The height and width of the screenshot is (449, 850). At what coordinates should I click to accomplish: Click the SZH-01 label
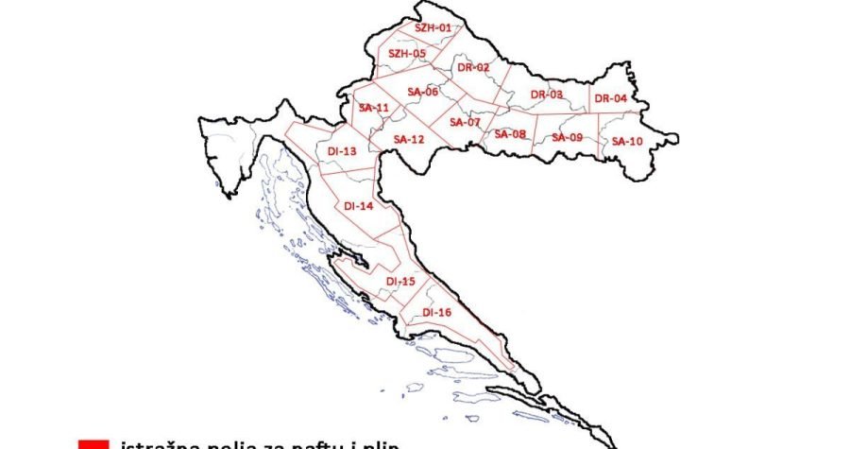433,28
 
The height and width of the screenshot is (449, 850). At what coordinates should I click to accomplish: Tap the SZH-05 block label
407,54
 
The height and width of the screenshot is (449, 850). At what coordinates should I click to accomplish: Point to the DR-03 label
546,95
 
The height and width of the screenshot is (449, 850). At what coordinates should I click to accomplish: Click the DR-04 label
611,98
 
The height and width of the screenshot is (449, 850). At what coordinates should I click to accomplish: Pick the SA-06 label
422,92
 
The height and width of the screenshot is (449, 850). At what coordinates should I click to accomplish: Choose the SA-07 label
465,122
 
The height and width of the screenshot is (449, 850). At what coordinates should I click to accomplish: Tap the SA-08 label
510,134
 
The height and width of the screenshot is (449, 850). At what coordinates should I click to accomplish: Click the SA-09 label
567,137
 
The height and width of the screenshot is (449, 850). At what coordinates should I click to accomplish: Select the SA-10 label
626,141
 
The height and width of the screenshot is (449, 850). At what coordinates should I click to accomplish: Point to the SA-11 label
374,108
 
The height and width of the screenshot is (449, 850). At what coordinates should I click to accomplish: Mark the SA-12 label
408,139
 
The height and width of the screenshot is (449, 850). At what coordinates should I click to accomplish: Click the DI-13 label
342,151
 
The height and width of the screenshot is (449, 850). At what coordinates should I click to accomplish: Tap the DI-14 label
359,205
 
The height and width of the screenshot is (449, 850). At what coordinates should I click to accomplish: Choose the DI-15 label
400,282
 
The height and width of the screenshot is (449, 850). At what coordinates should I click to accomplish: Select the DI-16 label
437,312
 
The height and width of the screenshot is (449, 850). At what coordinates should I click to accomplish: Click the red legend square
95,444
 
